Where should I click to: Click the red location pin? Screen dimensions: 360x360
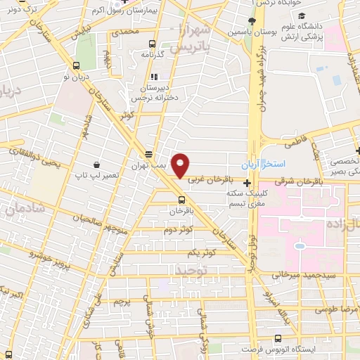181,165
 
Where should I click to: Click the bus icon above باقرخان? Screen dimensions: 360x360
182,199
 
